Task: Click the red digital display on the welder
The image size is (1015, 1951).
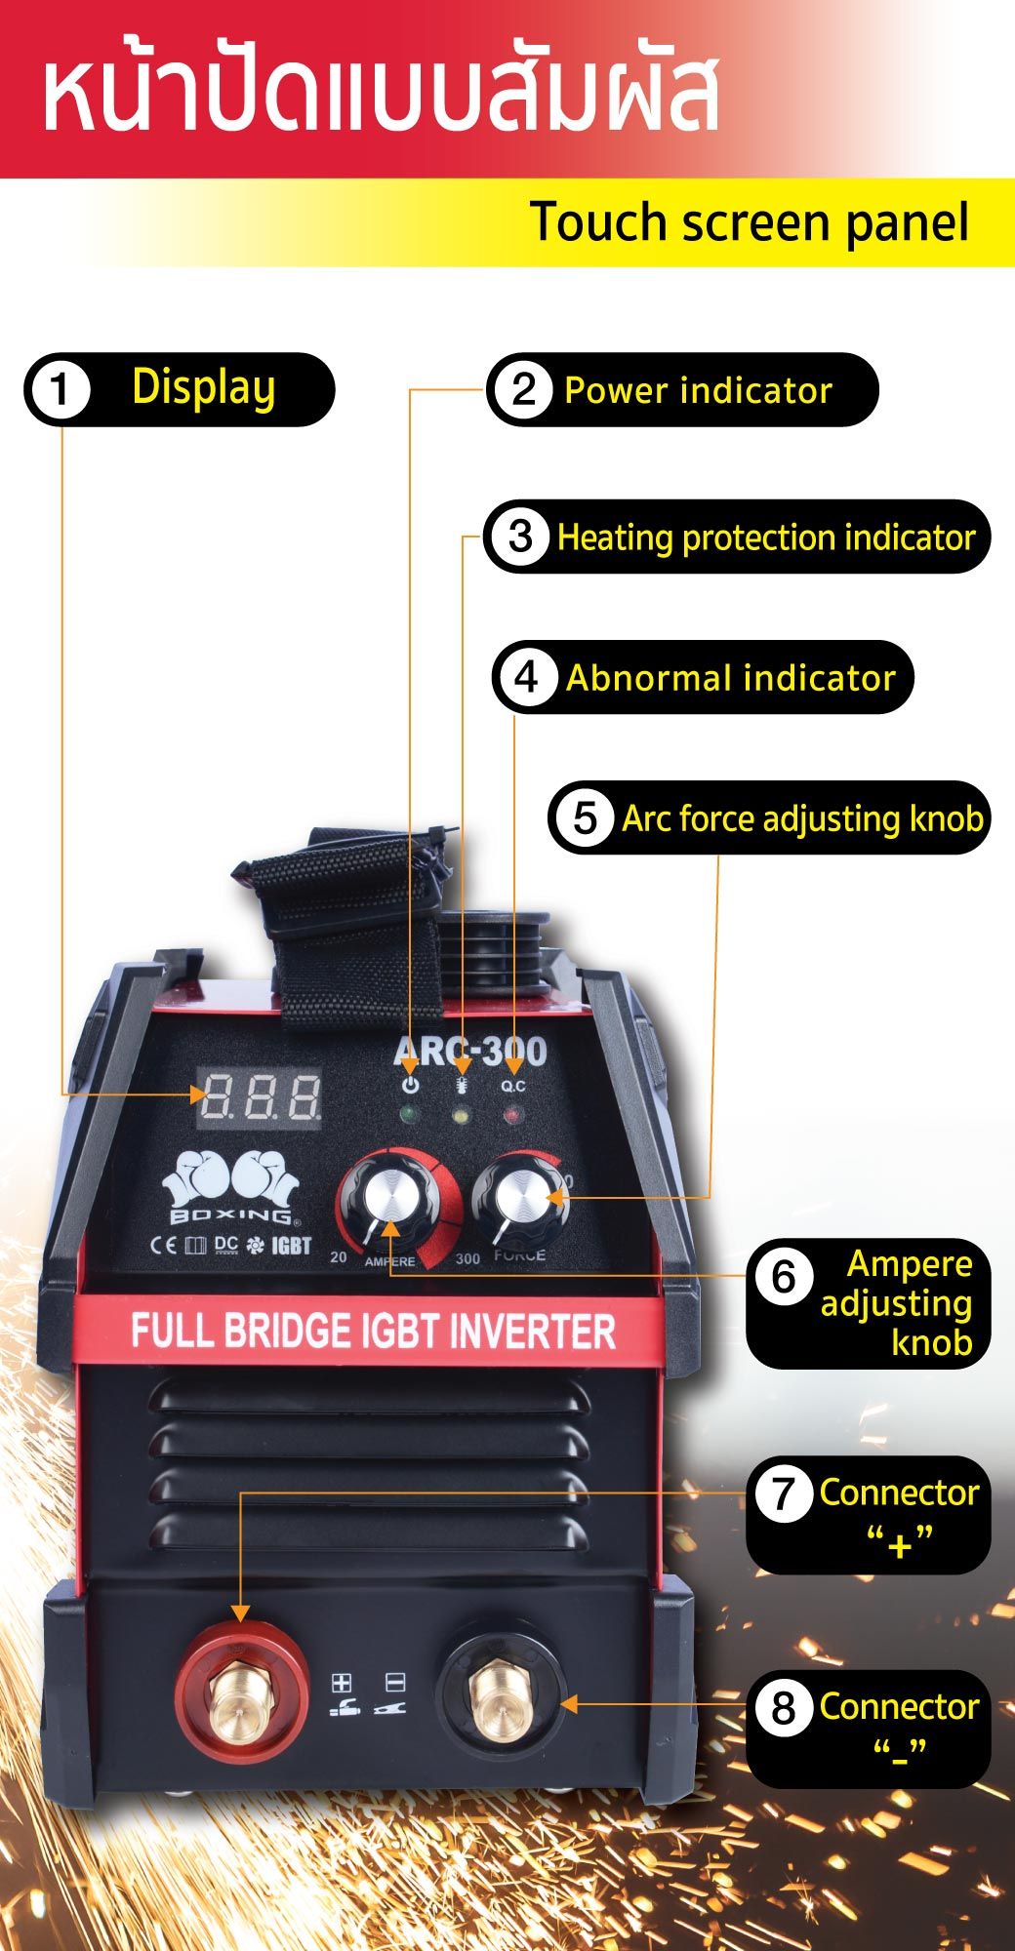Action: tap(261, 1097)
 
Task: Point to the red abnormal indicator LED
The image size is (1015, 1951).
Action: tap(512, 1113)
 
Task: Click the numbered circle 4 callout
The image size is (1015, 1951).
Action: tap(526, 677)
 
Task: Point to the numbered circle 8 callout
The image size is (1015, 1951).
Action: tap(783, 1708)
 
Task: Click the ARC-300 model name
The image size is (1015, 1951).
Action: tap(469, 1052)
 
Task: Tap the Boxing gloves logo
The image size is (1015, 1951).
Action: tap(231, 1187)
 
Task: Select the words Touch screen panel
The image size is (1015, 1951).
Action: tap(750, 223)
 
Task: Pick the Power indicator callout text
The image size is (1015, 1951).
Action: tap(699, 390)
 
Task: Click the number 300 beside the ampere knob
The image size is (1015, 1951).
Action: tap(467, 1258)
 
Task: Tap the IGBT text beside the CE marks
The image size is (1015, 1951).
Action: tap(291, 1246)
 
